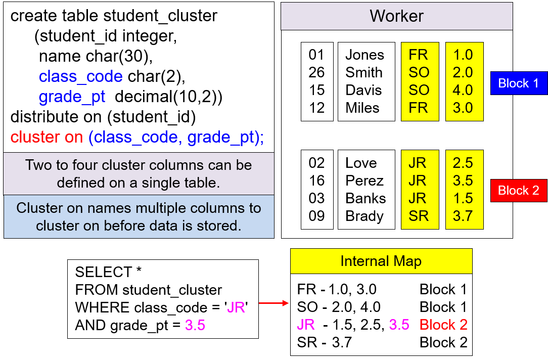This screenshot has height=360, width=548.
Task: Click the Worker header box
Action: point(396,16)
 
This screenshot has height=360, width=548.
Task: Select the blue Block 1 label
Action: point(519,83)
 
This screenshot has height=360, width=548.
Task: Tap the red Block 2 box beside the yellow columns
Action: point(519,191)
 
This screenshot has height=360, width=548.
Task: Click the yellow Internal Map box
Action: point(381,261)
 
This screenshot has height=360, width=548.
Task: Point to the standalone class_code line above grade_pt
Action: point(81,76)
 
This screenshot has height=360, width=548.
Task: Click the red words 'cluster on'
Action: point(47,137)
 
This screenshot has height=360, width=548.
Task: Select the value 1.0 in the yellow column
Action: point(463,55)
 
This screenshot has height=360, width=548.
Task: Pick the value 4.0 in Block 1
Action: point(463,90)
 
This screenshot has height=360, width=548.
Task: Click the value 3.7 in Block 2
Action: point(463,216)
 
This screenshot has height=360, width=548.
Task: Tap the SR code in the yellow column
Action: point(419,216)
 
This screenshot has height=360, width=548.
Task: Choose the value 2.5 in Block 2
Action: point(463,163)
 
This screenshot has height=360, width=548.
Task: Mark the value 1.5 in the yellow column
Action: point(463,198)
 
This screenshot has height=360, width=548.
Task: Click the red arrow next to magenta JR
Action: point(273,303)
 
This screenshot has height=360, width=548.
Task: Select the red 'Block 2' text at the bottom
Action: point(443,325)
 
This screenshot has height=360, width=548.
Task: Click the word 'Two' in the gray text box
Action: point(37,165)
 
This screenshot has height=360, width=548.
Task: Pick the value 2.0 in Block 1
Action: point(463,72)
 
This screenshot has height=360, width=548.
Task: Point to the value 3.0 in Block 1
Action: point(463,108)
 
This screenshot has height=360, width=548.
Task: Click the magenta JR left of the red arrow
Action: point(236,307)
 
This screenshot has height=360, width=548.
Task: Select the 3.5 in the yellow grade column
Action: point(463,181)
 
